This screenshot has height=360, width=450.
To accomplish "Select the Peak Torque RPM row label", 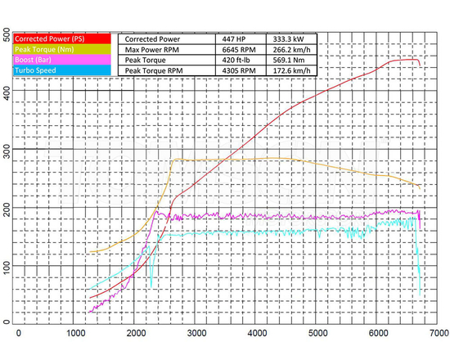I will click(159, 72).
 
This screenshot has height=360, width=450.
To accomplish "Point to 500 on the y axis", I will click(7, 34).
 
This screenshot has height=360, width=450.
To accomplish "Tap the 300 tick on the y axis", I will click(7, 151).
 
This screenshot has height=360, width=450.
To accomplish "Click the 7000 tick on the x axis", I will click(439, 333).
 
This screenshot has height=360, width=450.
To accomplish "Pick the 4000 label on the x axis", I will click(256, 333).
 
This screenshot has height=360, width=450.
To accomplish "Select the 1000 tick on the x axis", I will click(76, 333).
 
